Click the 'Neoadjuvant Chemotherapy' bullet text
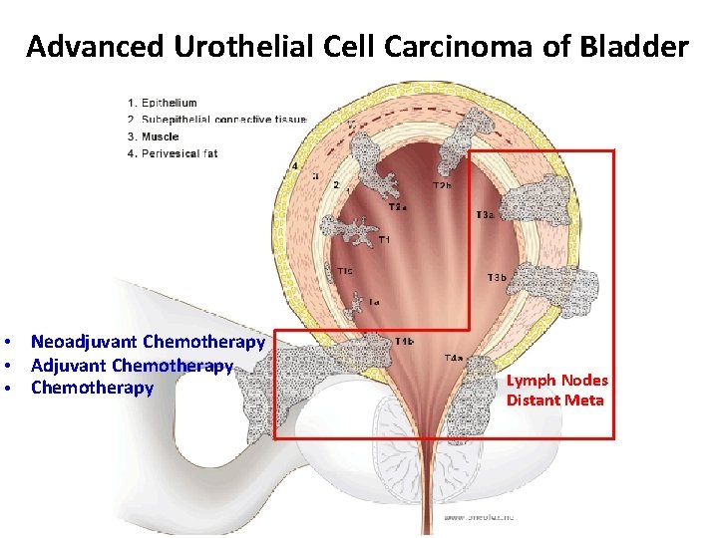tap(148, 343)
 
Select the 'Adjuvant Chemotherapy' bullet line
tap(132, 366)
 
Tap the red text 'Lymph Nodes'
tap(556, 381)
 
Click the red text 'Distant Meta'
tap(554, 401)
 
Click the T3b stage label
tap(498, 277)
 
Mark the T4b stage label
tap(405, 342)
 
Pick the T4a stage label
tap(454, 357)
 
